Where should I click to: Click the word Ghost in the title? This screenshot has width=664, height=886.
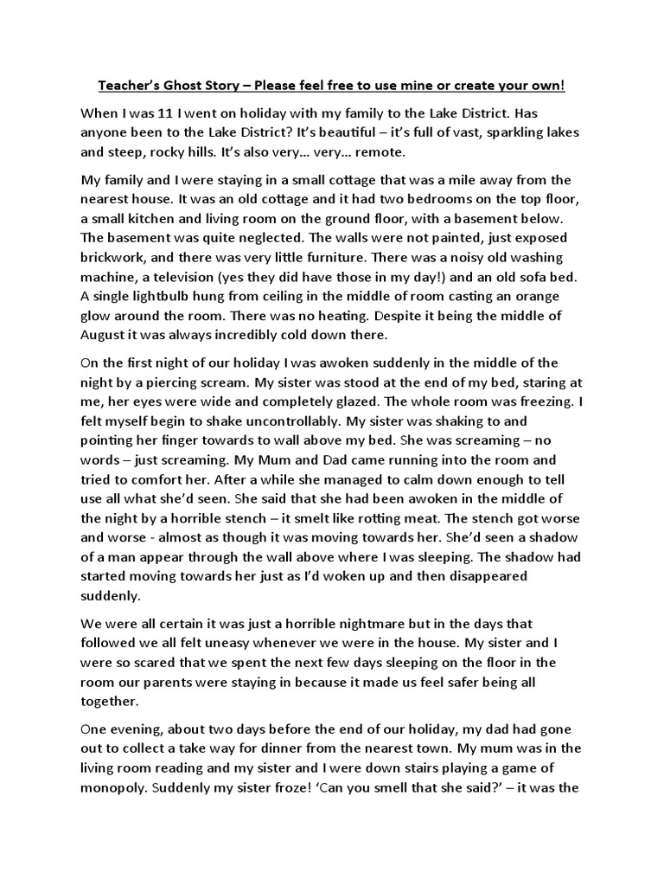[x=193, y=87]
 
